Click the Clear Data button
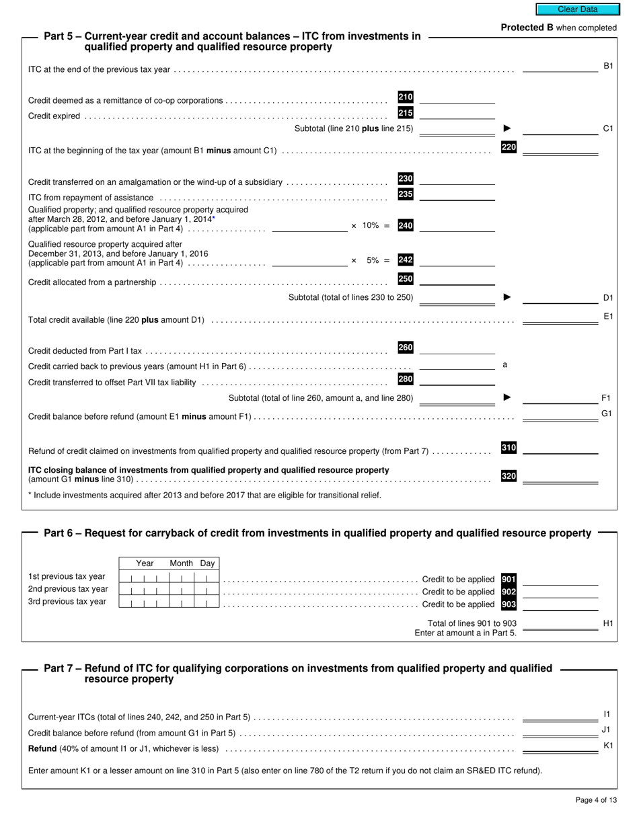click(577, 9)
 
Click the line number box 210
click(406, 97)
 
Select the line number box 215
click(406, 113)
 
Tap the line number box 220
click(509, 147)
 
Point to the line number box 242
click(406, 260)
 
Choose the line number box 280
click(406, 379)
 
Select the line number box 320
click(509, 476)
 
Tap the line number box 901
click(509, 579)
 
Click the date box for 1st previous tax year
click(169, 578)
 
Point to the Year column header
click(145, 563)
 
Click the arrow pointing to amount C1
click(507, 128)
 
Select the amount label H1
click(607, 623)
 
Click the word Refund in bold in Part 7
click(42, 748)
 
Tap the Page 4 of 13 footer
click(596, 800)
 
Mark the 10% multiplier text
click(371, 226)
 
